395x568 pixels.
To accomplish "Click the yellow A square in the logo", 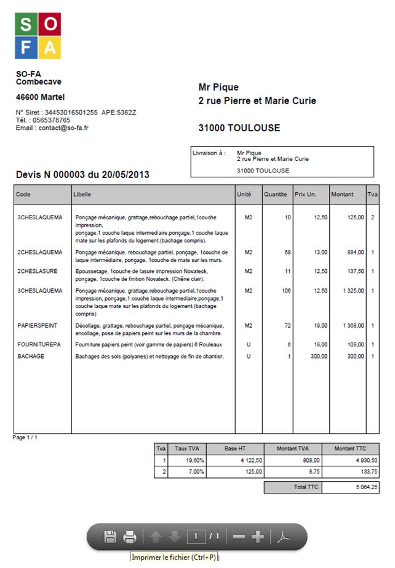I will point(50,47).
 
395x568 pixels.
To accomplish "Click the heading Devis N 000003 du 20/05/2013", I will point(82,175).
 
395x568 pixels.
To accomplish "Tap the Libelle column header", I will point(82,194).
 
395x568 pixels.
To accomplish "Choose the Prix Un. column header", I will point(305,194).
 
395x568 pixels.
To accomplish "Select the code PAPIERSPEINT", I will point(38,325).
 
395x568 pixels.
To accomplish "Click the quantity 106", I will point(286,290).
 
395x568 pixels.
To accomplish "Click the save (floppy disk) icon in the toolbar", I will point(110,537).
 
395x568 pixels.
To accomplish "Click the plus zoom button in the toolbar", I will point(258,537).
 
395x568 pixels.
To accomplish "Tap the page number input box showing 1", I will point(196,537).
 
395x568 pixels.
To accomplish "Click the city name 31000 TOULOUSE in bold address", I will point(239,128).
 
